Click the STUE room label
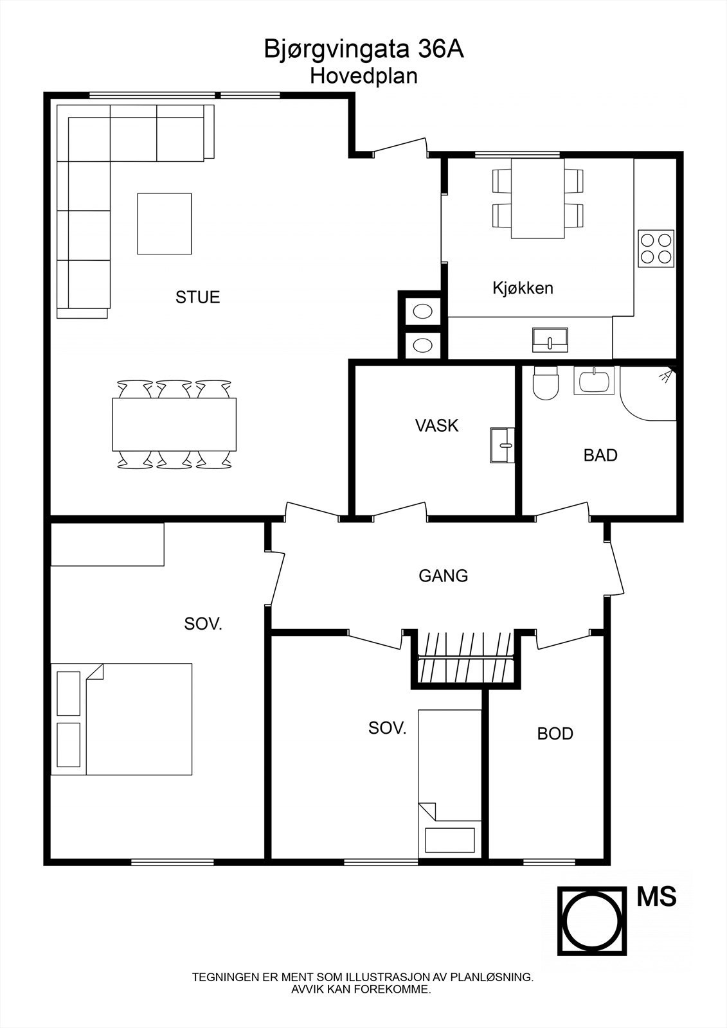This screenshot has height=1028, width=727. pyautogui.click(x=197, y=297)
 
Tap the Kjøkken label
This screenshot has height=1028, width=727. pyautogui.click(x=523, y=288)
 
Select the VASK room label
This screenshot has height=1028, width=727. pyautogui.click(x=436, y=425)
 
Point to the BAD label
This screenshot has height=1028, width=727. pyautogui.click(x=600, y=456)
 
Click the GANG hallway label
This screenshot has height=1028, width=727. pyautogui.click(x=443, y=576)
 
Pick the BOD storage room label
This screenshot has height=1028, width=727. pyautogui.click(x=555, y=734)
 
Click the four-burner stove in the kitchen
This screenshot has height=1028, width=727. pyautogui.click(x=656, y=249)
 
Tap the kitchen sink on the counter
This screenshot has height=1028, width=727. pyautogui.click(x=550, y=340)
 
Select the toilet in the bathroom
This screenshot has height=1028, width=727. pyautogui.click(x=546, y=383)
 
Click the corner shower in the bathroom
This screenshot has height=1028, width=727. pyautogui.click(x=648, y=393)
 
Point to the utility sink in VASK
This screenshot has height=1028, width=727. pyautogui.click(x=502, y=445)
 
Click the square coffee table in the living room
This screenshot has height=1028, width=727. pyautogui.click(x=165, y=224)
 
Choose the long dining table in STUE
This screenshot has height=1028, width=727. pyautogui.click(x=174, y=424)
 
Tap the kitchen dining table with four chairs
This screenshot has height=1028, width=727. pyautogui.click(x=537, y=199)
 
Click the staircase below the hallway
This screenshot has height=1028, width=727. pyautogui.click(x=465, y=659)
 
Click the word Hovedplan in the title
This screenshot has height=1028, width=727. pyautogui.click(x=363, y=76)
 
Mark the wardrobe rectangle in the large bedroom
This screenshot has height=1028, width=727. pyautogui.click(x=107, y=544)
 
